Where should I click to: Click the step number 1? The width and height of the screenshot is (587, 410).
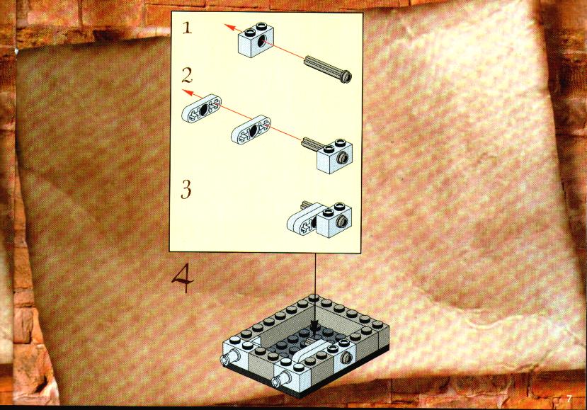(188, 28)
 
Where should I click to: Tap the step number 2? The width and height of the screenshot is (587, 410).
(187, 75)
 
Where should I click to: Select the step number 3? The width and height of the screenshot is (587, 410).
(186, 189)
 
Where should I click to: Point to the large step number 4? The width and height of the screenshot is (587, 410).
(183, 278)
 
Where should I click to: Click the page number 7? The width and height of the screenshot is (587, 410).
(569, 399)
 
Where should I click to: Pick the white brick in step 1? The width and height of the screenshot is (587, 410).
(256, 41)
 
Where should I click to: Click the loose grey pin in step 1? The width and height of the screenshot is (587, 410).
(329, 69)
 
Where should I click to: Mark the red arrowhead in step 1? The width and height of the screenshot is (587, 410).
(230, 27)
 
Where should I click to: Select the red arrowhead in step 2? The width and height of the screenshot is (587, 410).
(188, 93)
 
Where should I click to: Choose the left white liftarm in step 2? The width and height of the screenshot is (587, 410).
(202, 108)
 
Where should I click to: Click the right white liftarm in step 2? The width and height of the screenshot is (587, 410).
(251, 130)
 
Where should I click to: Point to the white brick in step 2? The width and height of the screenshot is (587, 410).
(334, 156)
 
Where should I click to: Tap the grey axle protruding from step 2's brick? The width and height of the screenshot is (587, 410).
(310, 144)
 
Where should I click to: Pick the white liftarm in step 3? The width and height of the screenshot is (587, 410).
(303, 220)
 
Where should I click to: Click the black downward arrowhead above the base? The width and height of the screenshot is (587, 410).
(315, 324)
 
